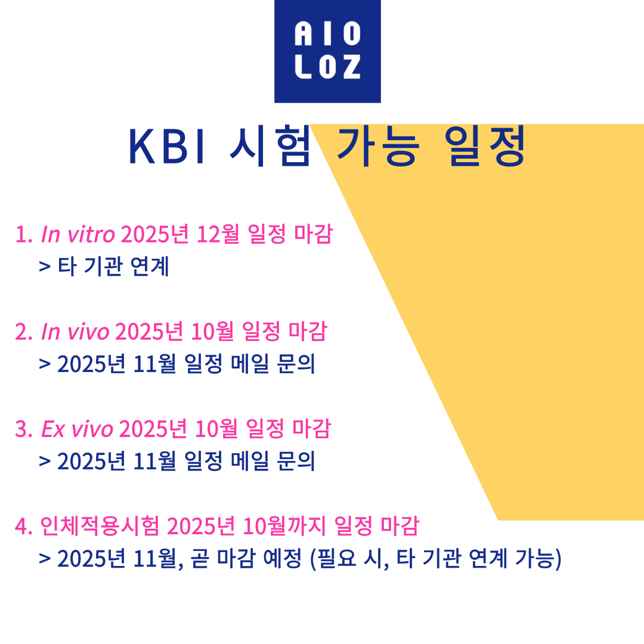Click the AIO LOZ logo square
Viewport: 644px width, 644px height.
tap(327, 51)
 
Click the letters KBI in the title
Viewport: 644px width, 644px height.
tap(167, 147)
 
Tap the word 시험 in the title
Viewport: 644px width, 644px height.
tap(270, 146)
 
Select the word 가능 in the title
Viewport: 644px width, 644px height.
tap(378, 146)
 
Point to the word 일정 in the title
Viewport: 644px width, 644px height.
tap(485, 146)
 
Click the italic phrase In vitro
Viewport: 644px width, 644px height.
tap(78, 234)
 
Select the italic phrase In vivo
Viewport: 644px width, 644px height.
tap(75, 332)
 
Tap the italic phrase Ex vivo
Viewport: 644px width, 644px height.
tap(77, 429)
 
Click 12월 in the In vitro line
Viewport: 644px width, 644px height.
tap(218, 234)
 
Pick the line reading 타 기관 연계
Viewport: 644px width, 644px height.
tap(113, 266)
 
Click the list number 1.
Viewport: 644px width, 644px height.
tap(23, 235)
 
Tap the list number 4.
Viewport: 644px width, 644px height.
tap(23, 527)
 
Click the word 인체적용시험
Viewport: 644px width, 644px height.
tap(100, 526)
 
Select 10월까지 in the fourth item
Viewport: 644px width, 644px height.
tap(285, 526)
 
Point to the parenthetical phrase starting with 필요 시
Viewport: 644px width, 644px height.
tap(435, 559)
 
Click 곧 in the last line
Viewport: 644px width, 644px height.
tap(200, 559)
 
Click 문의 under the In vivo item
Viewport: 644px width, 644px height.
tap(296, 364)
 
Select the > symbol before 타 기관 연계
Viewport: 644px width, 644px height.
tap(45, 267)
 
